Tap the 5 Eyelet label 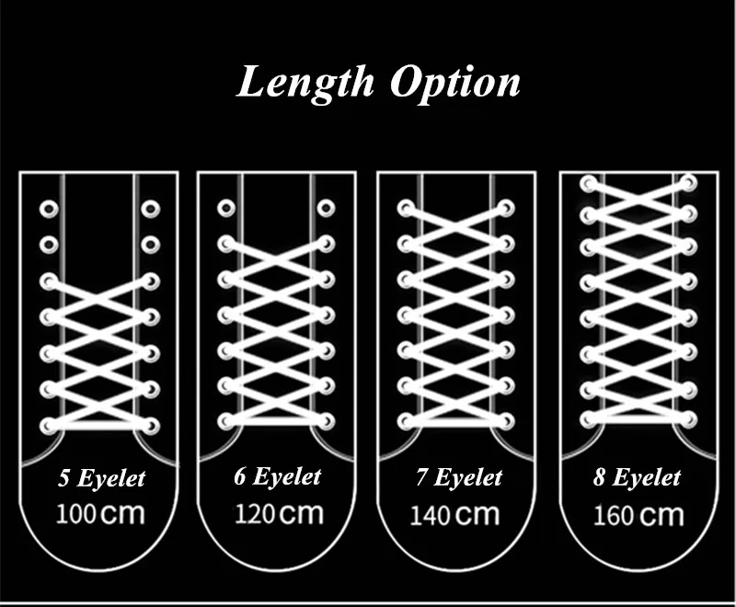click(102, 478)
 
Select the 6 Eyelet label click(277, 476)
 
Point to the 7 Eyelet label click(457, 477)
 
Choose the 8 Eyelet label click(637, 477)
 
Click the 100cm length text click(100, 512)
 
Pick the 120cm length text click(278, 511)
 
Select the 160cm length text click(637, 513)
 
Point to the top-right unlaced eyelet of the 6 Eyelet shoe click(325, 209)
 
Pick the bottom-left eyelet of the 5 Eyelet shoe click(48, 424)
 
